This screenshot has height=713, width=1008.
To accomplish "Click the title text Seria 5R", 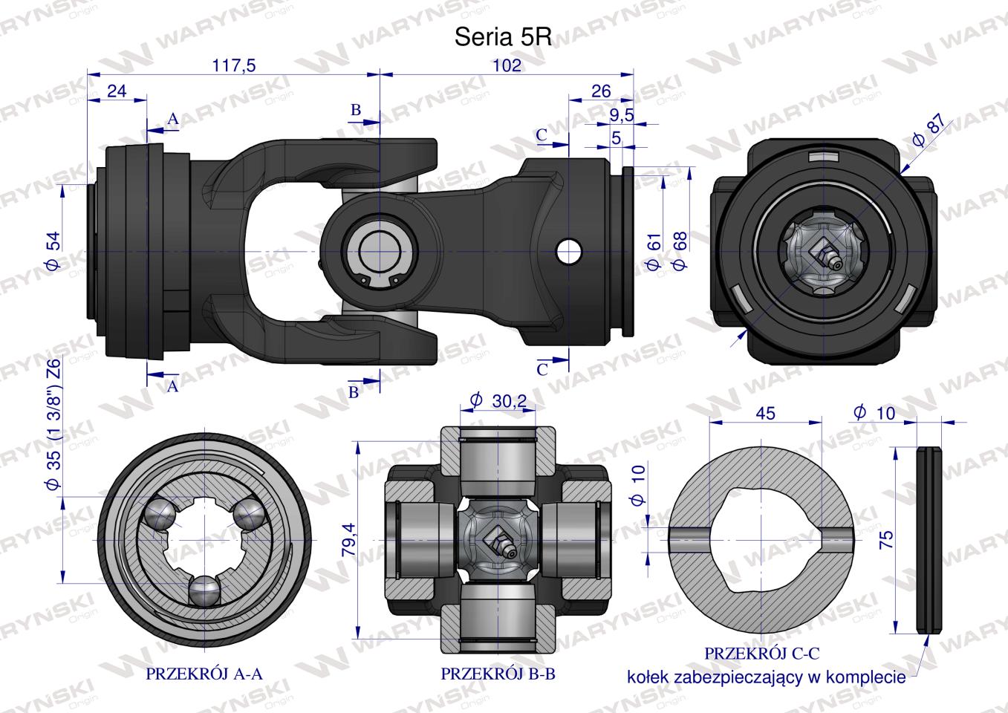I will (x=502, y=39).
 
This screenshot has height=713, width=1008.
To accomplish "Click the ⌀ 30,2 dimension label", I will (x=498, y=401).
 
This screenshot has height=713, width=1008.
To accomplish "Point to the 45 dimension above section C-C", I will (x=765, y=412).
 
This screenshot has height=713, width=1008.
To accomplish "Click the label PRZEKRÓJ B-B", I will (x=498, y=674).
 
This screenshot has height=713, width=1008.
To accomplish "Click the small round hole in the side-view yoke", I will (x=570, y=251).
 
